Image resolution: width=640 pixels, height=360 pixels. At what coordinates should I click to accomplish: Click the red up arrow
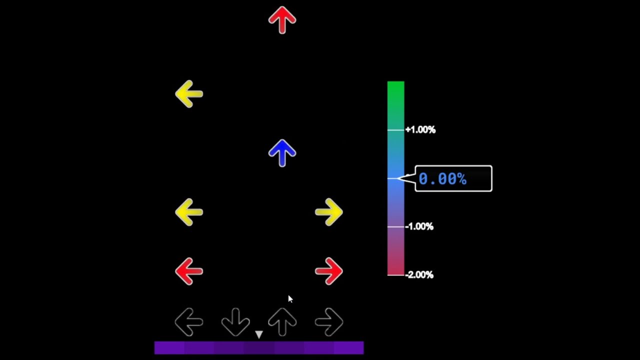pyautogui.click(x=282, y=20)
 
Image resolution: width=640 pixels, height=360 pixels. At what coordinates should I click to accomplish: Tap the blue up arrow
pyautogui.click(x=282, y=153)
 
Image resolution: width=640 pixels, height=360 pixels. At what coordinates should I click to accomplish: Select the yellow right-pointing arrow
pyautogui.click(x=329, y=212)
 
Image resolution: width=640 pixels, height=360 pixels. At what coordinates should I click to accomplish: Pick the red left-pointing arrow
pyautogui.click(x=189, y=271)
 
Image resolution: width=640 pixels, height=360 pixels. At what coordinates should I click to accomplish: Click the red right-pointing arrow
pyautogui.click(x=329, y=271)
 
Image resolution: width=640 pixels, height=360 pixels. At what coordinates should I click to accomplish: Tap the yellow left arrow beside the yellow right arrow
pyautogui.click(x=189, y=212)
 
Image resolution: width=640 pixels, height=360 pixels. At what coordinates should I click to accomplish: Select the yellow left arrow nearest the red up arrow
pyautogui.click(x=189, y=94)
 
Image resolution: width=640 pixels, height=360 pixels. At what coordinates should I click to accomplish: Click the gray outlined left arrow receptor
pyautogui.click(x=189, y=322)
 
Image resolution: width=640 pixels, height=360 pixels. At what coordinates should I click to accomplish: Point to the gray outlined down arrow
pyautogui.click(x=235, y=322)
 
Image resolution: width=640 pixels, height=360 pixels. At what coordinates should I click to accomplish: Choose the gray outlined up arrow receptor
pyautogui.click(x=282, y=322)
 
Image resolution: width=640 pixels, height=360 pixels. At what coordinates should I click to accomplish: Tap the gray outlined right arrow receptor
pyautogui.click(x=329, y=322)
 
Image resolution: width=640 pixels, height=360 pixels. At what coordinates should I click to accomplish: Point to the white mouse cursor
pyautogui.click(x=290, y=299)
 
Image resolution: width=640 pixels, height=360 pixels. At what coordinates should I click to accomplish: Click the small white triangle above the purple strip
pyautogui.click(x=258, y=334)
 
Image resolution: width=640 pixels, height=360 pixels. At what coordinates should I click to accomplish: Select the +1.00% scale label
pyautogui.click(x=420, y=130)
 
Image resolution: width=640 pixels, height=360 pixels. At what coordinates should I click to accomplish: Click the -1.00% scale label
pyautogui.click(x=419, y=226)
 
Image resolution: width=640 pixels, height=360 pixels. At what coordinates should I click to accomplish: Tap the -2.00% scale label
pyautogui.click(x=419, y=274)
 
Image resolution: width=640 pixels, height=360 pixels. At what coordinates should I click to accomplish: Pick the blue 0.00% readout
pyautogui.click(x=442, y=179)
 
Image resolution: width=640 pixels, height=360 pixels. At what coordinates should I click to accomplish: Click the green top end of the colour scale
pyautogui.click(x=395, y=87)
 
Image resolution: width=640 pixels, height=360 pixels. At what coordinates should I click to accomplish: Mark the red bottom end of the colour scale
pyautogui.click(x=395, y=269)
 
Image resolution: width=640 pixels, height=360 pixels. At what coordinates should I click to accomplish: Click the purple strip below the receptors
pyautogui.click(x=258, y=348)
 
